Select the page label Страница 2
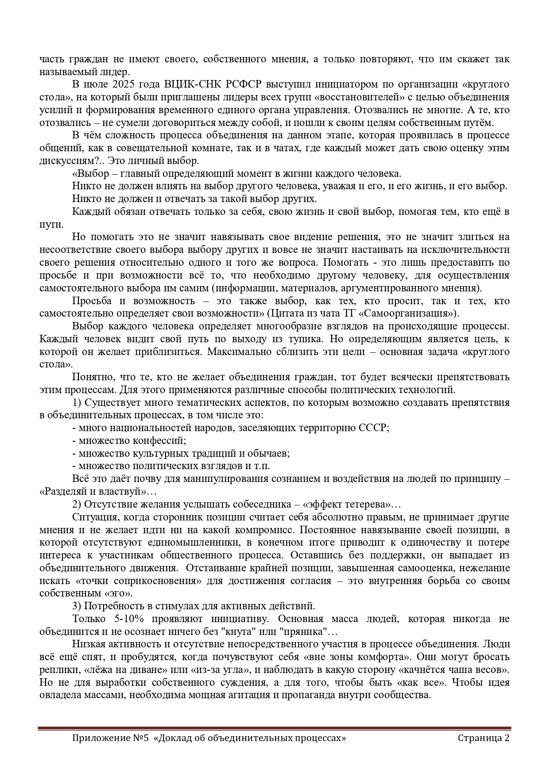coord(483,738)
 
